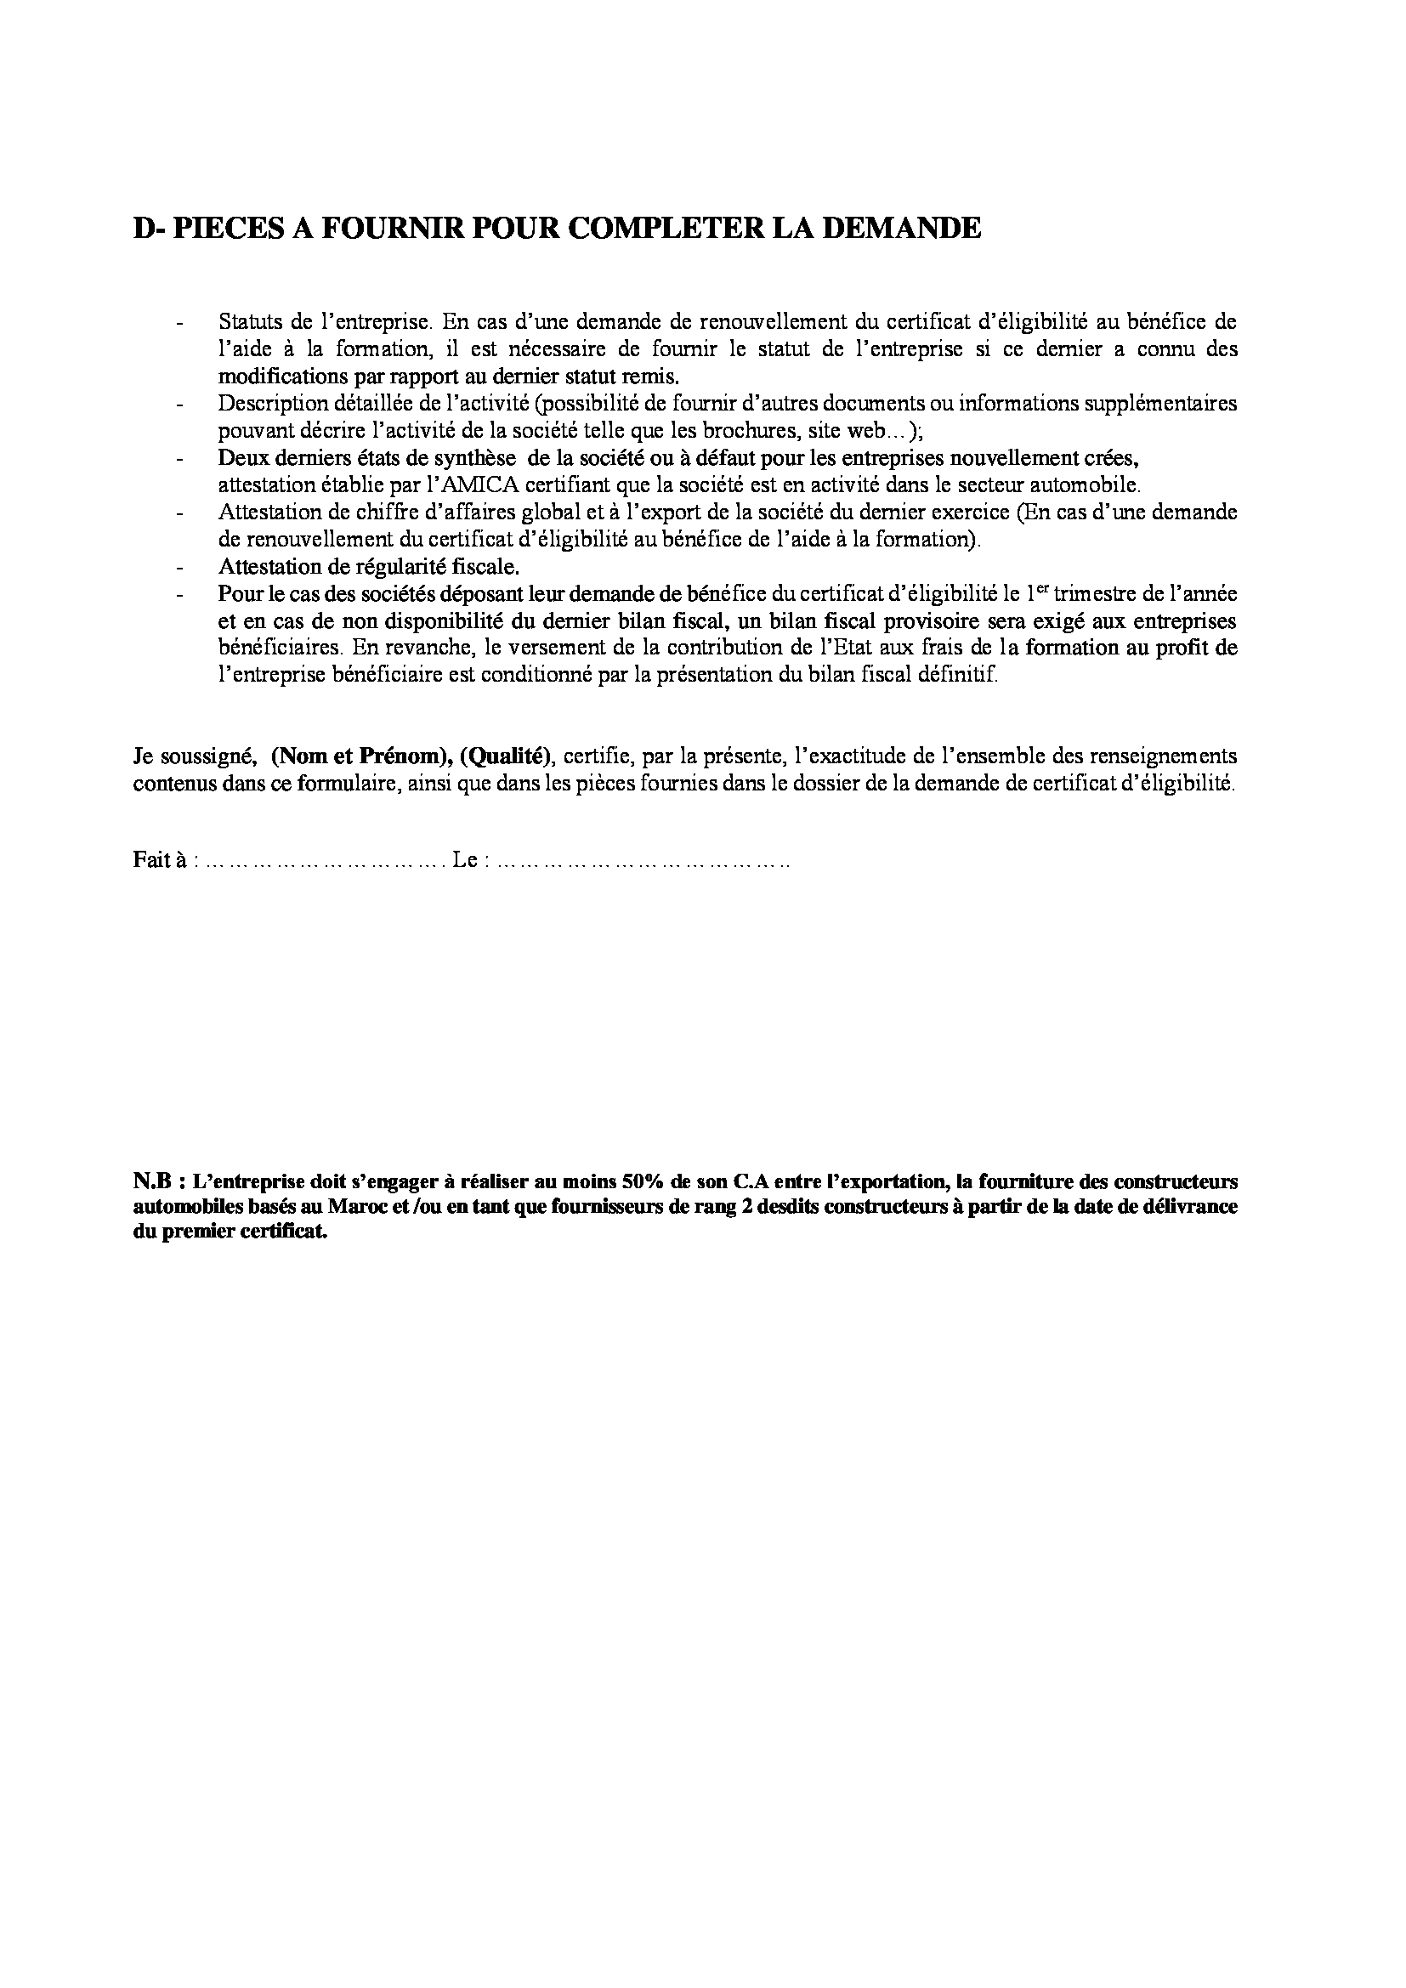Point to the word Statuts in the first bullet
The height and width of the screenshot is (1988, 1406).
tap(246, 322)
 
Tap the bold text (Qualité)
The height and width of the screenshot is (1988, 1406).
tap(507, 756)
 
